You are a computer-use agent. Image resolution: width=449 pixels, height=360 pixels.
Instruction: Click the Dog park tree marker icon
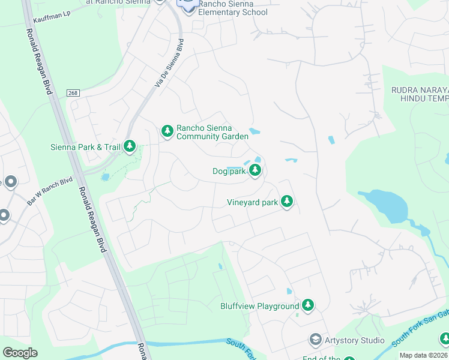(x=255, y=172)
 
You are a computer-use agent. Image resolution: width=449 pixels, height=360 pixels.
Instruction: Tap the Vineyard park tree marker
(x=287, y=202)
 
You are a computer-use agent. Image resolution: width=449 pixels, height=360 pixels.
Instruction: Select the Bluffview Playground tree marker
(x=308, y=306)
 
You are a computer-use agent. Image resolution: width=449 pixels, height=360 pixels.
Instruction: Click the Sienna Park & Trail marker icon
(x=129, y=146)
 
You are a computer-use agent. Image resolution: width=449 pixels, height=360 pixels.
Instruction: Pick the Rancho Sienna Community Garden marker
(x=167, y=130)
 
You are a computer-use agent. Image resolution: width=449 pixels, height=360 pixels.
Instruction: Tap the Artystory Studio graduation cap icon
(x=315, y=340)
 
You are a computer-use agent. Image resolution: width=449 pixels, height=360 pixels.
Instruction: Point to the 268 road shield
(x=73, y=92)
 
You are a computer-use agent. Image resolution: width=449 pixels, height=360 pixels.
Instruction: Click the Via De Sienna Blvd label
(x=169, y=64)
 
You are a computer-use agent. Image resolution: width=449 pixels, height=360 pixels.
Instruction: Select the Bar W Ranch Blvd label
(x=49, y=191)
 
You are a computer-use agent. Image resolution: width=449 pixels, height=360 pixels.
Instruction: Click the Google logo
(x=20, y=353)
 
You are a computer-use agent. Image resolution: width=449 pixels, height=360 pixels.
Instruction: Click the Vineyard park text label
(x=252, y=203)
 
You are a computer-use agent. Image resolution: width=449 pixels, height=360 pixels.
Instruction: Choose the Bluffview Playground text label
(x=259, y=307)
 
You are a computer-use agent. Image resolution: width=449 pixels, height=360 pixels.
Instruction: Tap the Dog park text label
(x=229, y=172)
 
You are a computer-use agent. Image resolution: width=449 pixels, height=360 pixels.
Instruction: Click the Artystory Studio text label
(x=354, y=341)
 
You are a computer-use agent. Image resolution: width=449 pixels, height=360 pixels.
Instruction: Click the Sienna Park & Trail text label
(x=85, y=146)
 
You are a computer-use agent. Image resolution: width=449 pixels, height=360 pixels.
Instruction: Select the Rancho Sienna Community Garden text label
(x=212, y=132)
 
